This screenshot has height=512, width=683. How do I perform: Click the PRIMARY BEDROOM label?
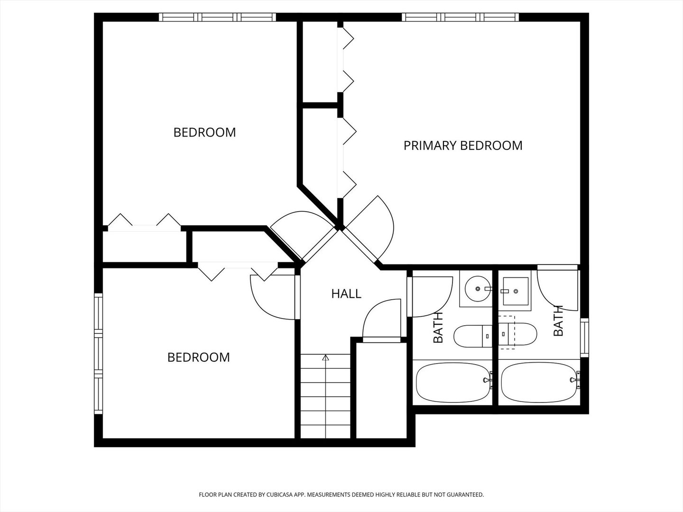462,145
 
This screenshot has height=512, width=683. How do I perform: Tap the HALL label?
346,294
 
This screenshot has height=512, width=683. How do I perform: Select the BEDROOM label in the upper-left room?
204,132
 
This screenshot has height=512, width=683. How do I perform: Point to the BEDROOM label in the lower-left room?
198,357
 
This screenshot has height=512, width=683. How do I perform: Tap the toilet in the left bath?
473,336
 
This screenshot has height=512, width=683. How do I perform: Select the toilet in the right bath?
518,334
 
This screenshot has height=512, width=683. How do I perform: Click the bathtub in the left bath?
453,383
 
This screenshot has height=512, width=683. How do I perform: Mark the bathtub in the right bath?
538,383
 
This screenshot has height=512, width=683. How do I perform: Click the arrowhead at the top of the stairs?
325,358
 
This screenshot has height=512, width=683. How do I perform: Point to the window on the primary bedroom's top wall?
460,18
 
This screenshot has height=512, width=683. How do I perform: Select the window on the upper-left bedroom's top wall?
217,18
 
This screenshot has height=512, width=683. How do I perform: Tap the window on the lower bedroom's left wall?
98,353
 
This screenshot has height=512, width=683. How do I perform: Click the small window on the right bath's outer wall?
584,338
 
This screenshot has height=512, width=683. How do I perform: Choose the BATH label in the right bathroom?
558,321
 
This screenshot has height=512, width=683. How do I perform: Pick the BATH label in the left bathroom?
438,328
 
